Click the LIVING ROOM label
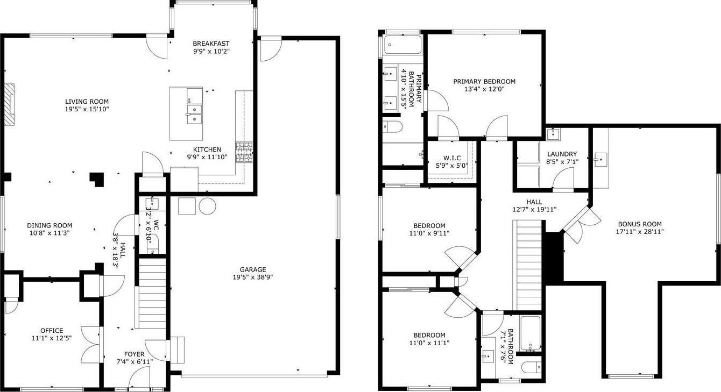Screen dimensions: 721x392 point(87,102)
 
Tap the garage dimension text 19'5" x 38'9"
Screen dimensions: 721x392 point(253,277)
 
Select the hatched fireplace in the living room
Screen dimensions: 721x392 point(9,104)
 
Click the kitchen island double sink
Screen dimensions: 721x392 point(195,114)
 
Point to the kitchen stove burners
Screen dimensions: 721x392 point(244,152)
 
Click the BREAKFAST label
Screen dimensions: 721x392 point(211,44)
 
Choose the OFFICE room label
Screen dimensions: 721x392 point(52,331)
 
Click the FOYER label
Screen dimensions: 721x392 point(134,354)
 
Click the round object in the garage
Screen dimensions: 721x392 point(207,206)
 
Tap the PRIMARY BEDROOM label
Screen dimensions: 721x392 point(484,82)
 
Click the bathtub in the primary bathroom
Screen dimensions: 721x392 point(402,45)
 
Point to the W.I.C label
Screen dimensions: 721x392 point(452,158)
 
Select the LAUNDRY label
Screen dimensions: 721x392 point(562,154)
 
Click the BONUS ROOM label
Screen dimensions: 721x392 point(640,224)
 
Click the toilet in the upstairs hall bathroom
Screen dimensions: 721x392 point(532,367)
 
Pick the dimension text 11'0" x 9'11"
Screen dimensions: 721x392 point(429,233)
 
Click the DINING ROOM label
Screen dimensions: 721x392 point(50,225)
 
